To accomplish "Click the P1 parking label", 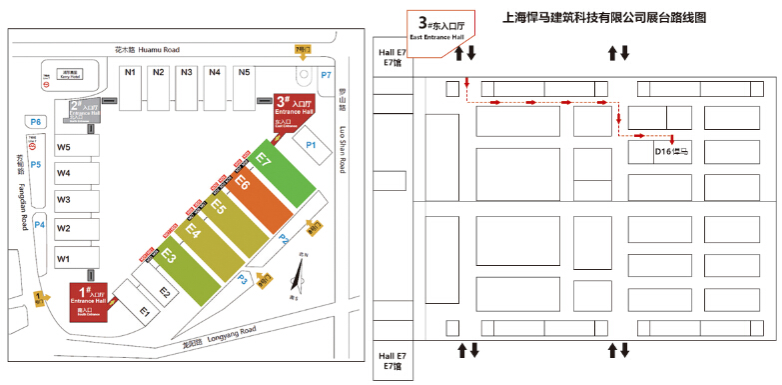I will coord(311,146).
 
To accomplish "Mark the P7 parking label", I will coord(326,75).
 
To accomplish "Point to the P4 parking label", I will coord(40,225).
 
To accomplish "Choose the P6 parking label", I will coord(36,121).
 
